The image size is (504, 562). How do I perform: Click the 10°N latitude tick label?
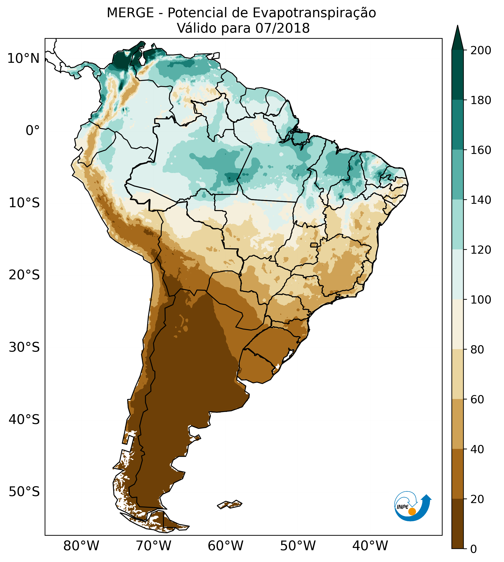click(x=24, y=59)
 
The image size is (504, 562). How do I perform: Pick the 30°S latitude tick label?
click(x=24, y=348)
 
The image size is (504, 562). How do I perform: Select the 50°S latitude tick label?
click(x=24, y=492)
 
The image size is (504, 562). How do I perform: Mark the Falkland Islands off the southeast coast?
click(x=230, y=504)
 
